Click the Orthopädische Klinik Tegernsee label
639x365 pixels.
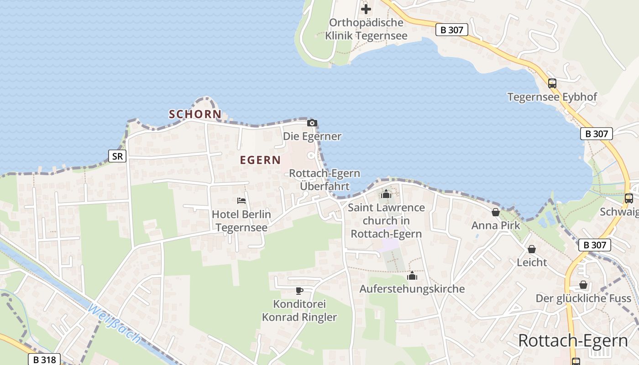[366, 29]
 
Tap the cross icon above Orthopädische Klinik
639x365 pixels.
[366, 9]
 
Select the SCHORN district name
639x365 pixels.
[195, 115]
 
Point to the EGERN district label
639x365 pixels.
[260, 160]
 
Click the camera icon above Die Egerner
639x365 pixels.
[312, 123]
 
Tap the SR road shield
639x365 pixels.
[117, 156]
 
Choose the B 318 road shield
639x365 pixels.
[45, 360]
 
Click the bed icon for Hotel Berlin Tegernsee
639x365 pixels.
[241, 200]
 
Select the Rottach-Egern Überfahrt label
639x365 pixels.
[325, 180]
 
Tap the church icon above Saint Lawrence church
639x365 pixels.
[386, 194]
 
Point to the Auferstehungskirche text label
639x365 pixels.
[412, 289]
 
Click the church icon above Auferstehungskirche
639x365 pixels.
[412, 276]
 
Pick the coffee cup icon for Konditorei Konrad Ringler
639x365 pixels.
[299, 291]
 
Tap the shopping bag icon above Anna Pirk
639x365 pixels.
[496, 212]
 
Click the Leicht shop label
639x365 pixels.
[532, 262]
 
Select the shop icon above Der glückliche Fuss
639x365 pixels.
[583, 285]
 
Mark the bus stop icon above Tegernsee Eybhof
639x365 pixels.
[552, 83]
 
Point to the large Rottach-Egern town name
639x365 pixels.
[573, 341]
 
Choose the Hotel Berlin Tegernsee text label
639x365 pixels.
[241, 221]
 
